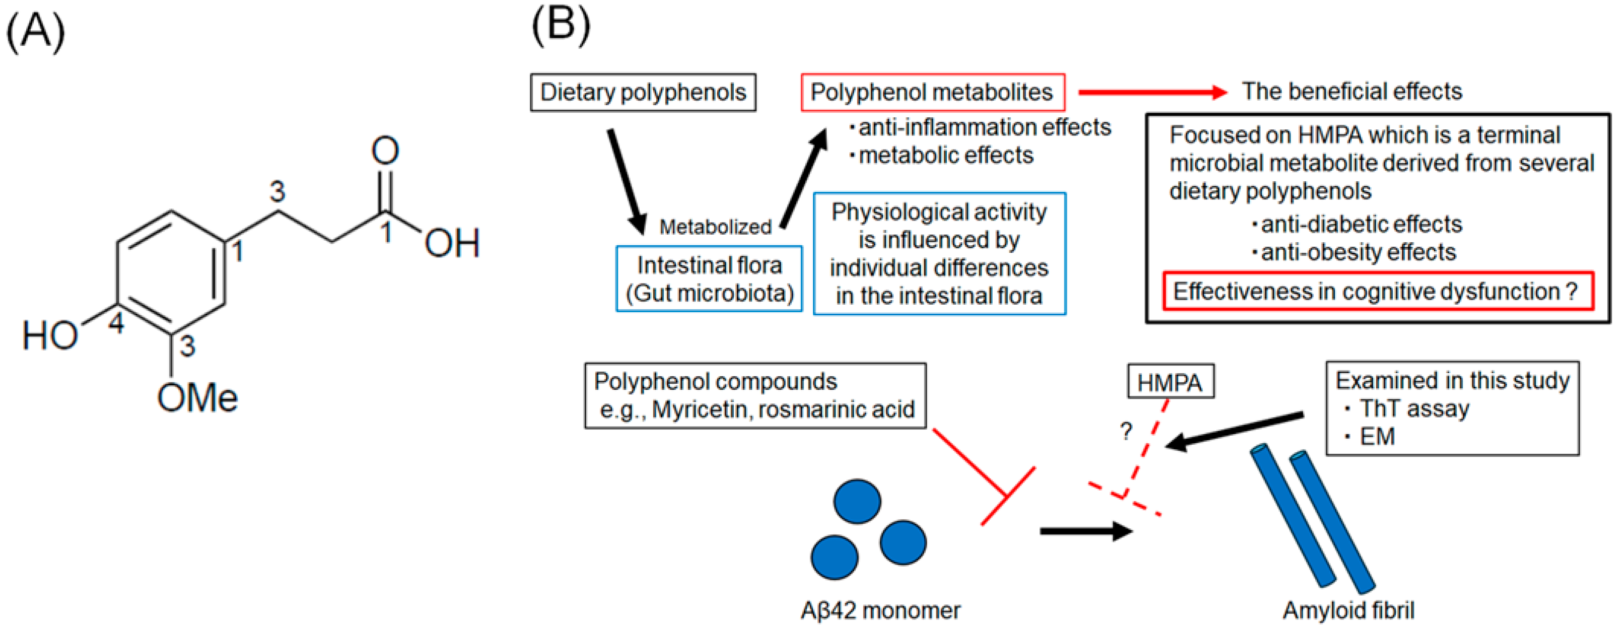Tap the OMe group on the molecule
click(197, 398)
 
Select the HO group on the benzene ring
click(50, 335)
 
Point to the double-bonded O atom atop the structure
click(385, 151)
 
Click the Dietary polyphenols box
click(643, 92)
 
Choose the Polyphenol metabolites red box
click(932, 92)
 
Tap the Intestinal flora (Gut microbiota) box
click(709, 278)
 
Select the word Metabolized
click(715, 226)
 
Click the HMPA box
click(1170, 382)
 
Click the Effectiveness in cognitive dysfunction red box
click(1377, 291)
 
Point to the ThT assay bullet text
click(1414, 408)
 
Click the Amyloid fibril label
click(1348, 610)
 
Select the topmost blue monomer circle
click(857, 502)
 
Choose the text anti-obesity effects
click(1358, 252)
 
